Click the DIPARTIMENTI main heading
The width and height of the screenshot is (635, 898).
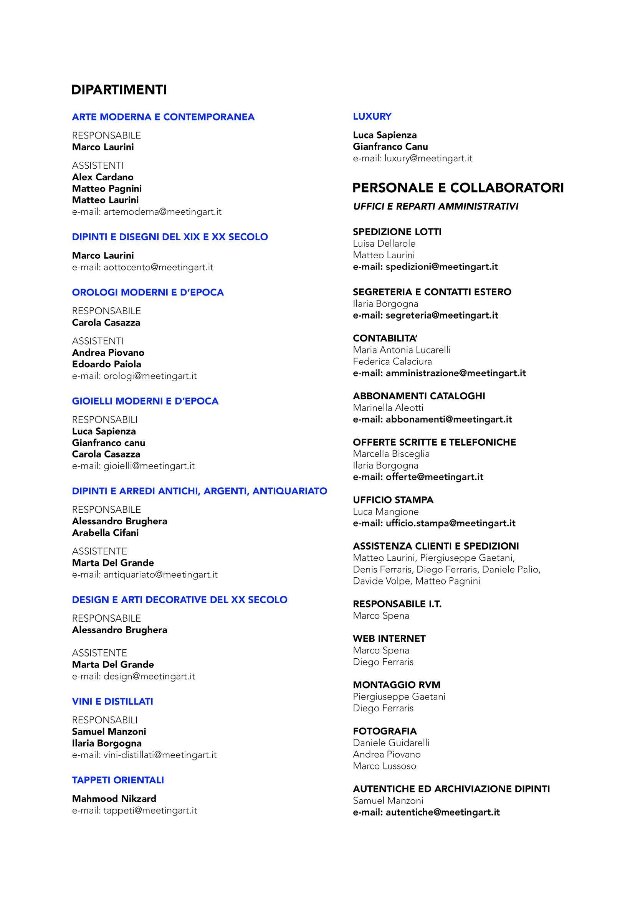coord(119,90)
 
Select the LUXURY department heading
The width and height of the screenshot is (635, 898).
coord(372,116)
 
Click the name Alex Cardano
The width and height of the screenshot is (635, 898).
coord(103,177)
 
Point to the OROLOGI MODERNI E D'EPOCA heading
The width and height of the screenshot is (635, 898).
coord(147,292)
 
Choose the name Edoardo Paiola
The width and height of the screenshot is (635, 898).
coord(106,364)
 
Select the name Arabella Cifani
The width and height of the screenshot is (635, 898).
coord(105,532)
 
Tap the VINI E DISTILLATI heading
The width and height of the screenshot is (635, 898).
coord(112,701)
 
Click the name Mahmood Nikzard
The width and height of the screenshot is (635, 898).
coord(114,798)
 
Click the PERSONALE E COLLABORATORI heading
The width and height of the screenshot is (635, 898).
coord(458,188)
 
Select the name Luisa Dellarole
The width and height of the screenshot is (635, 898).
coord(384,243)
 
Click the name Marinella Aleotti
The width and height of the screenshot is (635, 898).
coord(388,408)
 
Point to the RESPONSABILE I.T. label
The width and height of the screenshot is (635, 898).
coord(397,604)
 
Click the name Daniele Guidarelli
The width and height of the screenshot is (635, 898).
coord(391,742)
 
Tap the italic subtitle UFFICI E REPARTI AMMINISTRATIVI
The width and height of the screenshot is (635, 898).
coord(435,206)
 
